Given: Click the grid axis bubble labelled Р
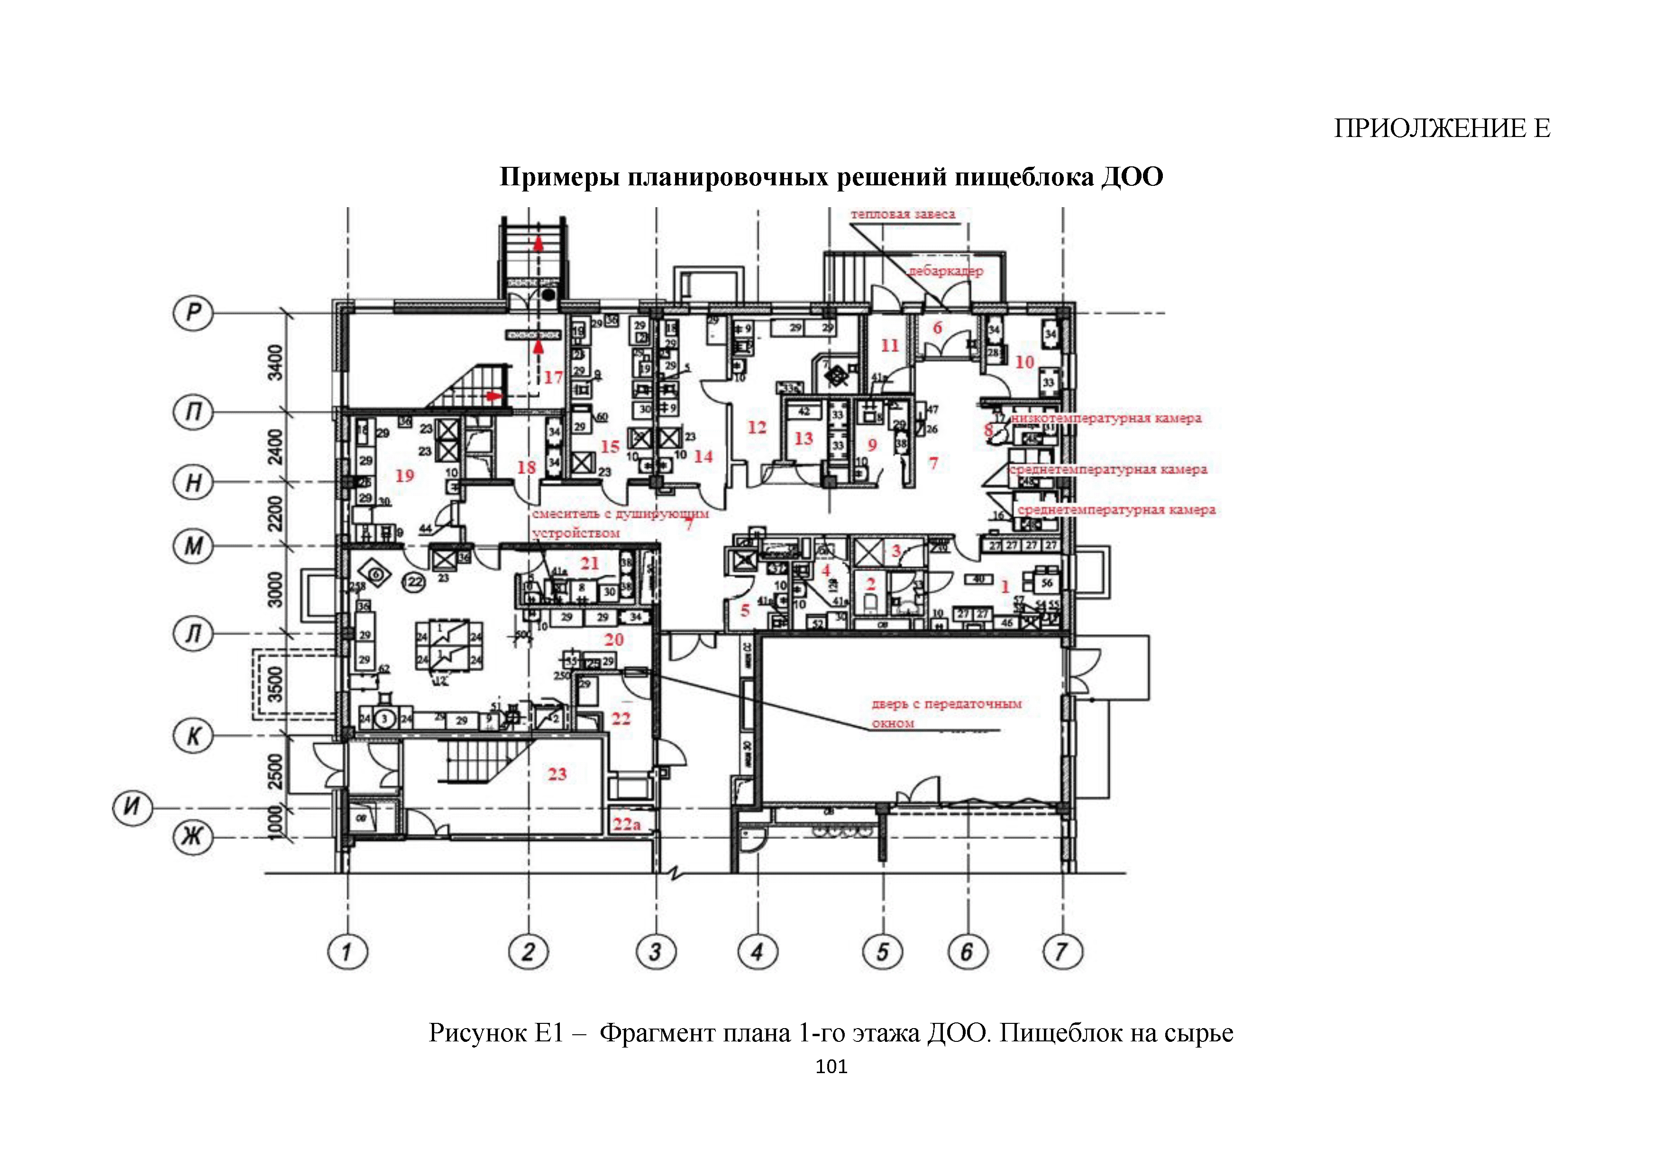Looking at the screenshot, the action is click(x=192, y=313).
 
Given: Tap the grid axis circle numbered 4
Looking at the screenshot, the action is click(x=758, y=951).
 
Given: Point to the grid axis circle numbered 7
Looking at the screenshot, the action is click(x=1062, y=951).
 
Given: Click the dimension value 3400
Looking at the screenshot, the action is click(x=275, y=362).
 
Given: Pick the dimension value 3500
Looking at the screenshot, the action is click(x=275, y=684).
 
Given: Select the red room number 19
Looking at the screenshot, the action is click(x=404, y=476).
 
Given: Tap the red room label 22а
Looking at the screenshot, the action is click(x=627, y=824).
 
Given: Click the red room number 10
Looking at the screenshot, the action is click(x=1024, y=362).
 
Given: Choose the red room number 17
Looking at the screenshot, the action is click(x=553, y=377).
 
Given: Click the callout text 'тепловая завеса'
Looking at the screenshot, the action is click(x=903, y=214).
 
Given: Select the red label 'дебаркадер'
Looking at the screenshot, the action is click(x=946, y=272).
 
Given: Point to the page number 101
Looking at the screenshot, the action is click(x=831, y=1067).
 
